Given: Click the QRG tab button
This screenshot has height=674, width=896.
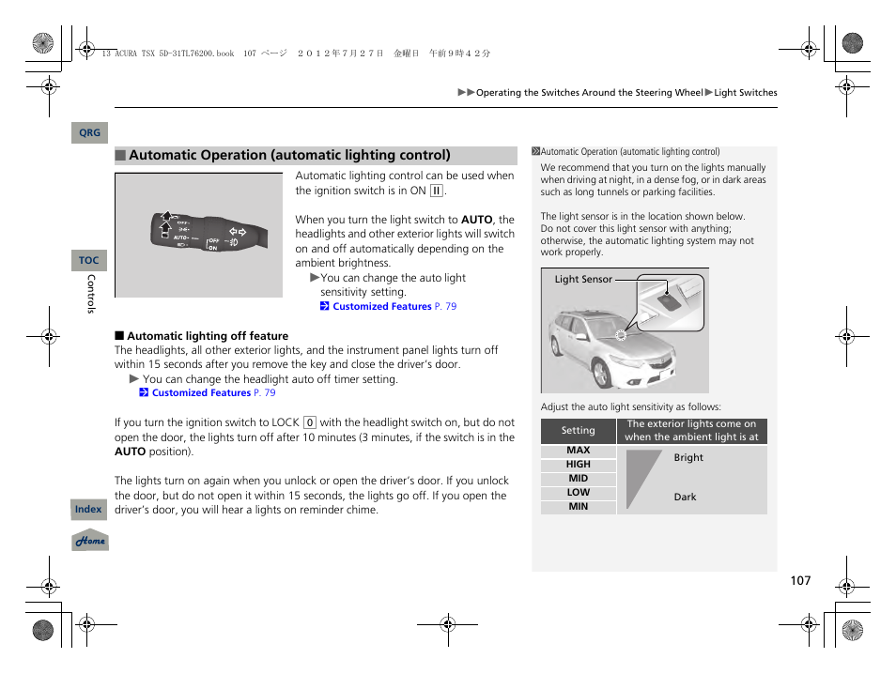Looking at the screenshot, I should click(x=89, y=133).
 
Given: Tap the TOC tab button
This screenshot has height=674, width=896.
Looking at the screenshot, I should click(x=89, y=260).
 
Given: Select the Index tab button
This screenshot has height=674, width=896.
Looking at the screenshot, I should click(x=88, y=510).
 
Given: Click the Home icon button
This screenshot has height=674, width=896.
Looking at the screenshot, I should click(x=91, y=541).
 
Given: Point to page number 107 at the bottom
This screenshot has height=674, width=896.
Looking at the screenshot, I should click(x=799, y=581).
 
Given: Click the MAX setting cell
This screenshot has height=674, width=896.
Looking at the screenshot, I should click(x=579, y=451).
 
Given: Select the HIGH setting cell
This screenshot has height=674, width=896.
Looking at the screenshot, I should click(x=579, y=465).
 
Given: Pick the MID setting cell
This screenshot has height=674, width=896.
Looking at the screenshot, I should click(x=579, y=479).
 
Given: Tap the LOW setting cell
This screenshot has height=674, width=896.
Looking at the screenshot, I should click(x=579, y=493).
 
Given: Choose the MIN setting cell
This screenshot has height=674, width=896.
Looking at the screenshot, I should click(x=579, y=507).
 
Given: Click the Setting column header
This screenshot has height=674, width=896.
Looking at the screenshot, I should click(x=579, y=431).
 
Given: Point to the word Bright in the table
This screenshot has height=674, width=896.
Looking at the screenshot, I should click(x=688, y=458).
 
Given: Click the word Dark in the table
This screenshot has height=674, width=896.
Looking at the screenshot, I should click(x=686, y=498).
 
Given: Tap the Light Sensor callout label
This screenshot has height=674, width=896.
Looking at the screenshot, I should click(x=583, y=280).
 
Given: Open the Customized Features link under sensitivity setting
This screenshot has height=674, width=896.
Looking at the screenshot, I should click(x=382, y=307).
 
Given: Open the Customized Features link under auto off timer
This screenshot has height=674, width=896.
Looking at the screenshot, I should click(x=201, y=393).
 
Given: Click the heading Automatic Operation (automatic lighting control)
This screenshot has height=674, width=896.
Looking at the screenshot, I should click(x=289, y=156).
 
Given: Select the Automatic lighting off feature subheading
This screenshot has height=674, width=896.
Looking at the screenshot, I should click(x=208, y=336).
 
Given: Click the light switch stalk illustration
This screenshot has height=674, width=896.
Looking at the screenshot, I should click(x=198, y=235).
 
